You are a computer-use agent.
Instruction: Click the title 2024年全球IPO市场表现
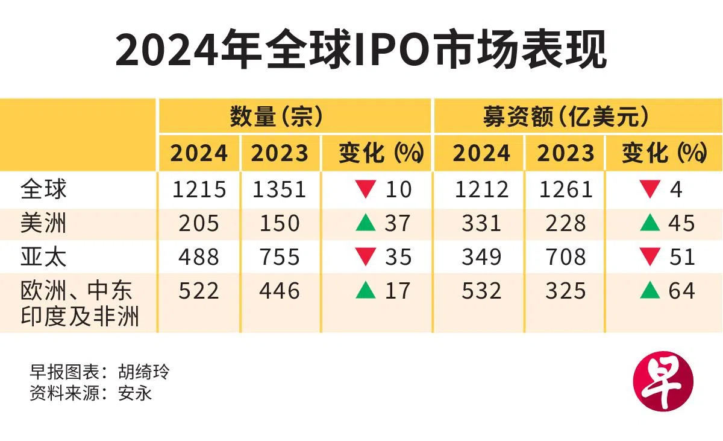(x=361, y=49)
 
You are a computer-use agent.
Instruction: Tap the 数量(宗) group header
(x=277, y=116)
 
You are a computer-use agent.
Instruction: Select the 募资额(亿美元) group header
(x=566, y=116)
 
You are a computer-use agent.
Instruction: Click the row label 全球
(x=43, y=189)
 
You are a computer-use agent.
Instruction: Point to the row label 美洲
(x=43, y=223)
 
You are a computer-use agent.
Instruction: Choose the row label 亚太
(x=43, y=257)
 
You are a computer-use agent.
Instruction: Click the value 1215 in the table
(x=199, y=189)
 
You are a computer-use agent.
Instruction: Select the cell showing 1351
(x=279, y=189)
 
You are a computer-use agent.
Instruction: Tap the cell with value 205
(x=199, y=223)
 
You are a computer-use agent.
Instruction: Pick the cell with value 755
(x=280, y=257)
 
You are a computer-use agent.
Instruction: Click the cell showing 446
(x=280, y=291)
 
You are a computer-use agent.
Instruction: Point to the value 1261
(x=566, y=189)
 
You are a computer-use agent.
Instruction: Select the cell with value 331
(x=481, y=223)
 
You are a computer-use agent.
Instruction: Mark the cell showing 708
(x=566, y=257)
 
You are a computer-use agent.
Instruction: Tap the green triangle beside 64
(x=650, y=290)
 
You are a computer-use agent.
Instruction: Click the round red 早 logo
(x=663, y=381)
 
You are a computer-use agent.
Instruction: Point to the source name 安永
(x=135, y=393)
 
